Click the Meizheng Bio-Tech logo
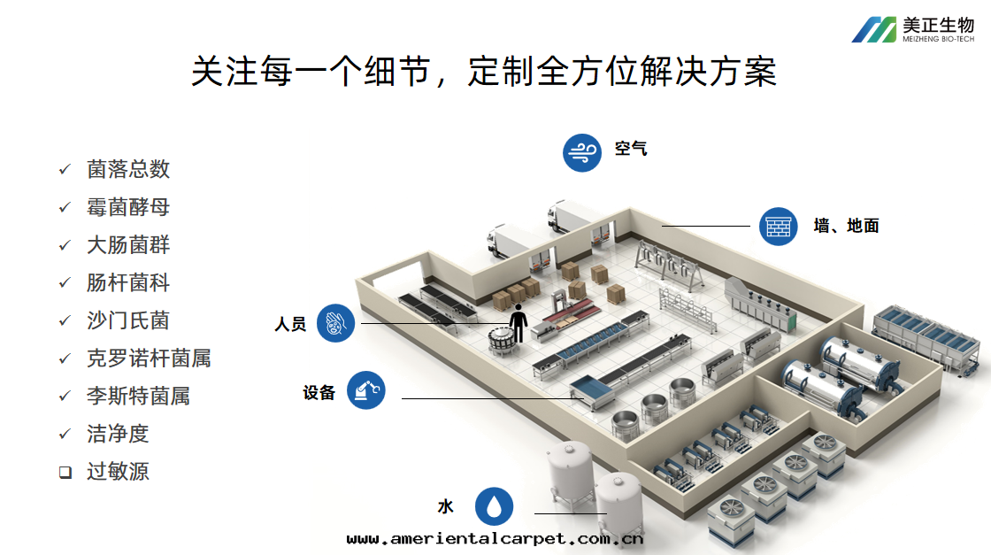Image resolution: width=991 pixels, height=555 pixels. (x=912, y=30)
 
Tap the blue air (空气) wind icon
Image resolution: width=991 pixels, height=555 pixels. (x=582, y=152)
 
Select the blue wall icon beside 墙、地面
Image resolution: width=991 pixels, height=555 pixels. (x=779, y=227)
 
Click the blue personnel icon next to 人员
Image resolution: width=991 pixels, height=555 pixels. (x=335, y=323)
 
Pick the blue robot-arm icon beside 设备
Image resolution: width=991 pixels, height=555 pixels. (x=366, y=390)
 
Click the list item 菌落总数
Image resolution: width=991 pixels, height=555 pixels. (x=128, y=169)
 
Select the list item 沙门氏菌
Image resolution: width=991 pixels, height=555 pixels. (x=128, y=320)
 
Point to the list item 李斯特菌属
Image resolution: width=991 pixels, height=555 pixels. (x=138, y=396)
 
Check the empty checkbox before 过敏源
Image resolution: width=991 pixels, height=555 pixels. (x=65, y=472)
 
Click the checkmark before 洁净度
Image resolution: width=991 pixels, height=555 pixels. (x=65, y=434)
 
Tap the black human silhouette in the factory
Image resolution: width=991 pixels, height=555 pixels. (x=517, y=323)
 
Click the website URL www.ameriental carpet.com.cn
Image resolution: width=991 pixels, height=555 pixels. (x=495, y=538)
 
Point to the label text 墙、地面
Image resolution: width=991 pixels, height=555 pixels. (x=846, y=227)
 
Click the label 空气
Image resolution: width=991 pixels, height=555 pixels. (x=631, y=149)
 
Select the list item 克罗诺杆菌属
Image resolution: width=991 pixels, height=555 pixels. (x=149, y=358)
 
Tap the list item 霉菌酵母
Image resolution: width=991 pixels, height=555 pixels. (x=128, y=207)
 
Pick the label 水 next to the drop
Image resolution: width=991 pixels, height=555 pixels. (x=445, y=507)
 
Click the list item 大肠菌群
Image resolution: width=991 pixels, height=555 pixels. (x=128, y=245)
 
